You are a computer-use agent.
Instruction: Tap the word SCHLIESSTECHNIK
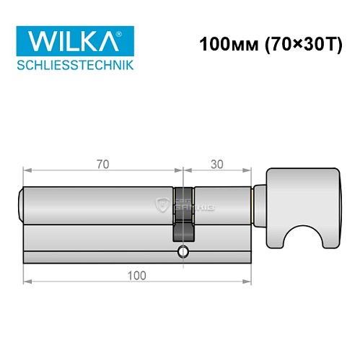[x=74, y=66]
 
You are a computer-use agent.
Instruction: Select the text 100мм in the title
[x=222, y=44]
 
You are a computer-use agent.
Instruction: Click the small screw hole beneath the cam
[x=183, y=252]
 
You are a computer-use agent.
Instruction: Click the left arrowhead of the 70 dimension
[x=27, y=172]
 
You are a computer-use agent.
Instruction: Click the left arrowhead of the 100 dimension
[x=27, y=283]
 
